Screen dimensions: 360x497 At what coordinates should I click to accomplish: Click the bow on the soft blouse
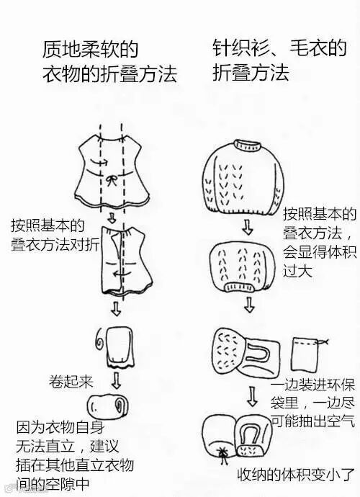[x=112, y=181]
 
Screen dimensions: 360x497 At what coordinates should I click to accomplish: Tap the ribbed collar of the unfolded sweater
[x=247, y=145]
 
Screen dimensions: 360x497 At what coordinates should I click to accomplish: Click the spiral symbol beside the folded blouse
[x=101, y=339]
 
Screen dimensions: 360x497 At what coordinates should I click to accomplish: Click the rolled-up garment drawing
[x=108, y=406]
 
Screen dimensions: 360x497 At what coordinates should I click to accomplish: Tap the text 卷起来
[x=71, y=382]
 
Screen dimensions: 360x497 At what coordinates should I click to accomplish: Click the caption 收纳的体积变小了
[x=296, y=475]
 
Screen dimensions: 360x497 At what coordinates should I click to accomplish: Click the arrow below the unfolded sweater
[x=247, y=226]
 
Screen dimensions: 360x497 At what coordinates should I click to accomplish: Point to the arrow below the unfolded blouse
[x=111, y=218]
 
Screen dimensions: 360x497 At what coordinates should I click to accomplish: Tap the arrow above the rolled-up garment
[x=117, y=380]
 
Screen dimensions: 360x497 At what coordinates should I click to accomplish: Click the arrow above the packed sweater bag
[x=252, y=396]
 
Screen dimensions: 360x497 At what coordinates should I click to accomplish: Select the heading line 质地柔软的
[x=90, y=49]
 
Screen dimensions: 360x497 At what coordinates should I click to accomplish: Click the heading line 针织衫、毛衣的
[x=279, y=48]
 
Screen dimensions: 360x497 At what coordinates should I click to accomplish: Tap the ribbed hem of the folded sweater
[x=240, y=287]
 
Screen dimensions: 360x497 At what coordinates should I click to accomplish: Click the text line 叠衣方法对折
[x=55, y=244]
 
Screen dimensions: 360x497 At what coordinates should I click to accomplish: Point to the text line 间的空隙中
[x=53, y=485]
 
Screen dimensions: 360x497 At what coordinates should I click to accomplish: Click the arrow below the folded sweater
[x=249, y=305]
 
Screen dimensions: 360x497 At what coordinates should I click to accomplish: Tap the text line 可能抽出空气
[x=313, y=421]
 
